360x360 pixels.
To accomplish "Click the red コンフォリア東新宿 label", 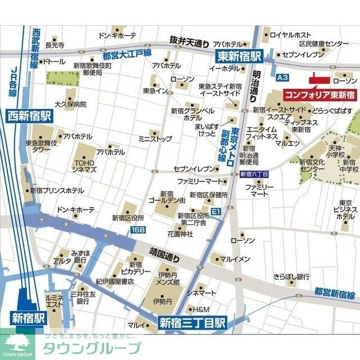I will tap(319, 95).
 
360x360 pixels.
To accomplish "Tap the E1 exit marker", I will tap(215, 211).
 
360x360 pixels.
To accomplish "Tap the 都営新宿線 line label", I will tap(335, 292).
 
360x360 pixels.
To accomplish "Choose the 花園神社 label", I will tap(181, 233).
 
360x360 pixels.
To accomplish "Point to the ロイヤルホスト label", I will tap(290, 34).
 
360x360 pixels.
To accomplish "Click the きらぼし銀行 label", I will tap(291, 277).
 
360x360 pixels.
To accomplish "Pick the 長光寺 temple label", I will tap(54, 44).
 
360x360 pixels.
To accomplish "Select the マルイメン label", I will tap(235, 259).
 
